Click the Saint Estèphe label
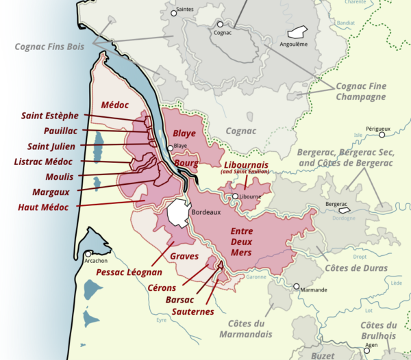point(49,115)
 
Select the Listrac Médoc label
point(43,162)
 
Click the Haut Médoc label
point(43,207)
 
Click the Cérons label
point(162,287)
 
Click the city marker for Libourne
point(235,196)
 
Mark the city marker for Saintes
point(173,12)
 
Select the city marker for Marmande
point(297,287)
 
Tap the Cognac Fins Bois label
point(50,47)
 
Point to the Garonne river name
point(256,277)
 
